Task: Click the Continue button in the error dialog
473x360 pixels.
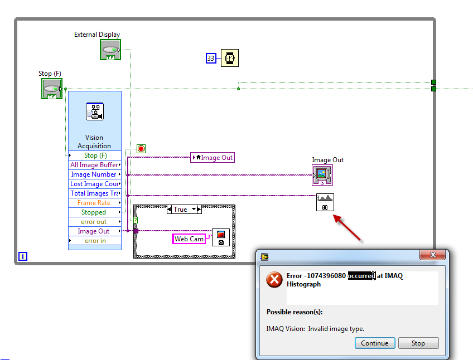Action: click(x=375, y=343)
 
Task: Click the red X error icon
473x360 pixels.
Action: click(x=274, y=280)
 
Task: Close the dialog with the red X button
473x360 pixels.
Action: click(x=433, y=256)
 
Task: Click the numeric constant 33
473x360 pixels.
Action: click(x=211, y=58)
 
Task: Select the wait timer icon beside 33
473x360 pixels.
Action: click(x=229, y=58)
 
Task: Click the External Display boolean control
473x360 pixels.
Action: click(x=110, y=50)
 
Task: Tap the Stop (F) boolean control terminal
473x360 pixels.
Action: click(x=51, y=89)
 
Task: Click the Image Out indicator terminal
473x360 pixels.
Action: click(x=322, y=175)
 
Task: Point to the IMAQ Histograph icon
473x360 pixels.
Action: click(x=325, y=202)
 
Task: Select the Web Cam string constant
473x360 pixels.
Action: click(x=189, y=239)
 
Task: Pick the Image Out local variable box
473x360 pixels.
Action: click(x=213, y=158)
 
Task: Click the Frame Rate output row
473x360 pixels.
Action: click(x=94, y=203)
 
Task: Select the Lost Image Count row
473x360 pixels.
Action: click(x=94, y=184)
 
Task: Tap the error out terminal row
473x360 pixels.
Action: click(x=94, y=222)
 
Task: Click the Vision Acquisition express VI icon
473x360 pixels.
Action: click(x=94, y=111)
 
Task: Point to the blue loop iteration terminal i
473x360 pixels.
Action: click(x=23, y=256)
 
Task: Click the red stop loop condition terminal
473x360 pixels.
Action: click(x=141, y=149)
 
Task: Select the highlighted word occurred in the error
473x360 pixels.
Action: click(x=361, y=276)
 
